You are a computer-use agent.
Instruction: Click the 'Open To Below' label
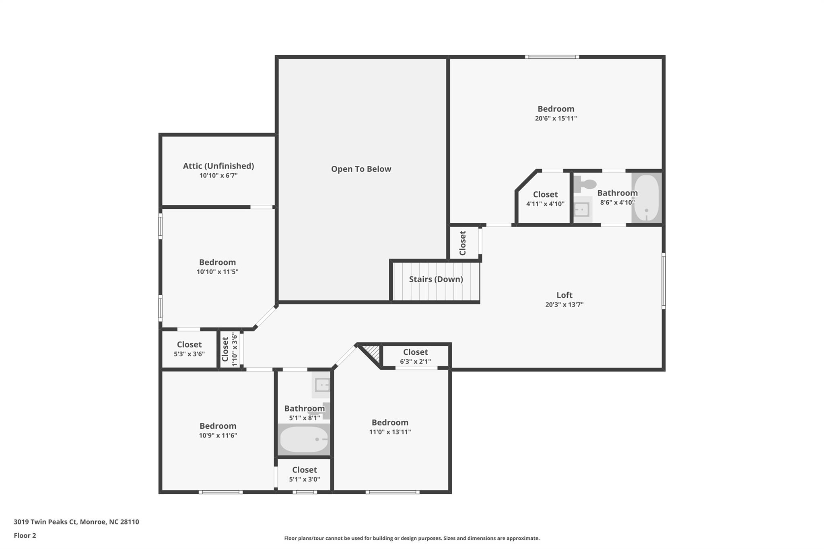click(361, 169)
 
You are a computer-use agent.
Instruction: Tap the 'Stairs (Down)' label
click(436, 279)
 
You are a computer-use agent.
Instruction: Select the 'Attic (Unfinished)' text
click(218, 166)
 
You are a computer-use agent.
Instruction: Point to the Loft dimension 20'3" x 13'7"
click(564, 304)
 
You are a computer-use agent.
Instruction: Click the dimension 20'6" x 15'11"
click(556, 118)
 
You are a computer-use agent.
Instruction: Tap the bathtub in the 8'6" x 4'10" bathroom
click(646, 197)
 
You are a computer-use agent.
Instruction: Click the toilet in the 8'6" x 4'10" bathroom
click(585, 185)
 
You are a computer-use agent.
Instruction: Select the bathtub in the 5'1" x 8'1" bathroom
click(304, 439)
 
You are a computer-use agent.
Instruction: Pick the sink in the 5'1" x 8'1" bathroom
click(322, 385)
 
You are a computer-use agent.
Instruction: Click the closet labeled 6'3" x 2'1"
click(415, 356)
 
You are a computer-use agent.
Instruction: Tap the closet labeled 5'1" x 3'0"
click(304, 474)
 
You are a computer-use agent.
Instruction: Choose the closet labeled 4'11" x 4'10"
click(545, 199)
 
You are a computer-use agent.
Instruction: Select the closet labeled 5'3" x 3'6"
click(189, 349)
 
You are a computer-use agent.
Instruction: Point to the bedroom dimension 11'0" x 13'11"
click(390, 432)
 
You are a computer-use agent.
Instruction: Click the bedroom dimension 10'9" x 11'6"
click(218, 435)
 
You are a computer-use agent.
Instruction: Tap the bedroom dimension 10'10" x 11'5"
click(217, 271)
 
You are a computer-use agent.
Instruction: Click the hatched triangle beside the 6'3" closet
click(374, 352)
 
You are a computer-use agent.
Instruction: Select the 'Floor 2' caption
click(25, 535)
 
